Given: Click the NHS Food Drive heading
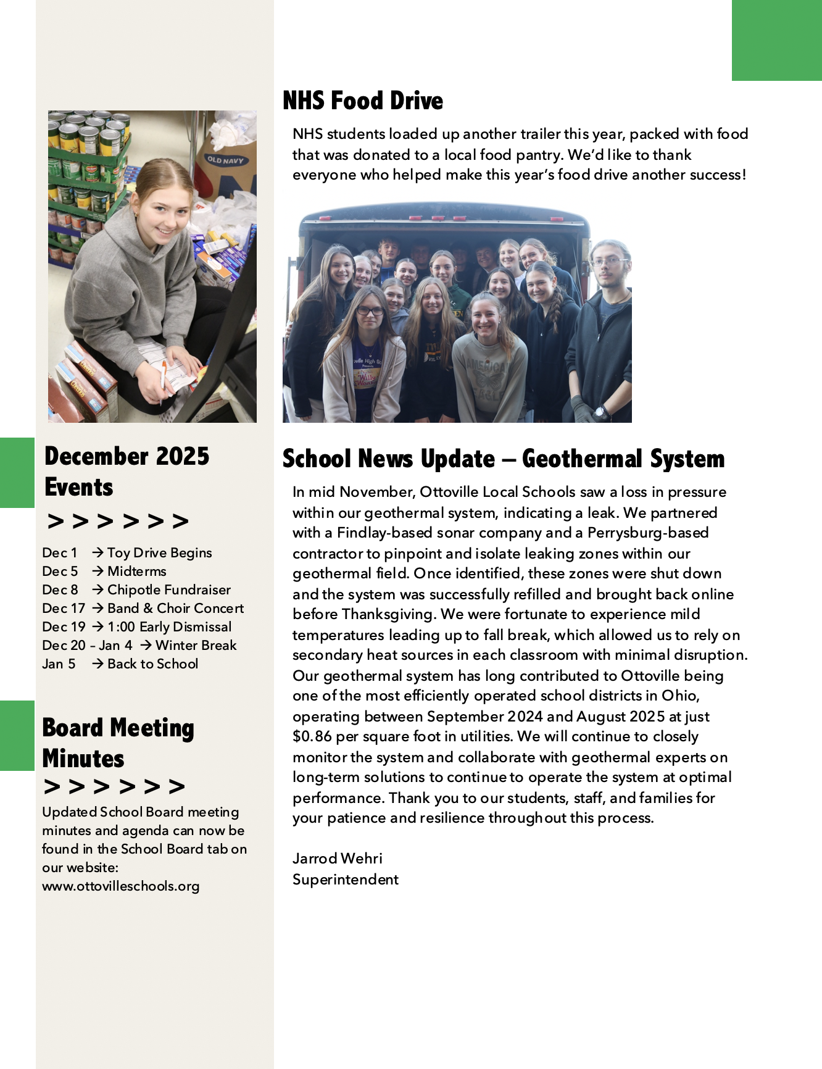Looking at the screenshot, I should pos(363,101).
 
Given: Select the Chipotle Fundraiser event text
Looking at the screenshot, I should pos(168,590).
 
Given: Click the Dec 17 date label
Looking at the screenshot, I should pos(63,609).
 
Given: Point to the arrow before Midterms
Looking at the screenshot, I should pos(98,572).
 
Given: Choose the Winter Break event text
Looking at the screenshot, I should pos(196,646).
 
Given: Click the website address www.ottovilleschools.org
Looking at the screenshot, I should pos(121,886).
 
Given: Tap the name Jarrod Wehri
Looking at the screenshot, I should pos(337,859).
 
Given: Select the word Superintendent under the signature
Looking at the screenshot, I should pos(345,880).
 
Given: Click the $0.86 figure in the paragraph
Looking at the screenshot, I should pos(312,736).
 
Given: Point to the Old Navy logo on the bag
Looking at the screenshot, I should pos(225,160).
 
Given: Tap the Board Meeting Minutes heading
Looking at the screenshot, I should pos(118,743).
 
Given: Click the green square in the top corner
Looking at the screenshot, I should pos(776,40).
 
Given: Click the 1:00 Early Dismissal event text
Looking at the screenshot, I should pos(169,627).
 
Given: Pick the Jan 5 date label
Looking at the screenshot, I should pos(59,664).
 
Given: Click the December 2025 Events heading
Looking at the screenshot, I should pos(127,472).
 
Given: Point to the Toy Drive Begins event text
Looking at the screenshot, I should pos(159,553).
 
